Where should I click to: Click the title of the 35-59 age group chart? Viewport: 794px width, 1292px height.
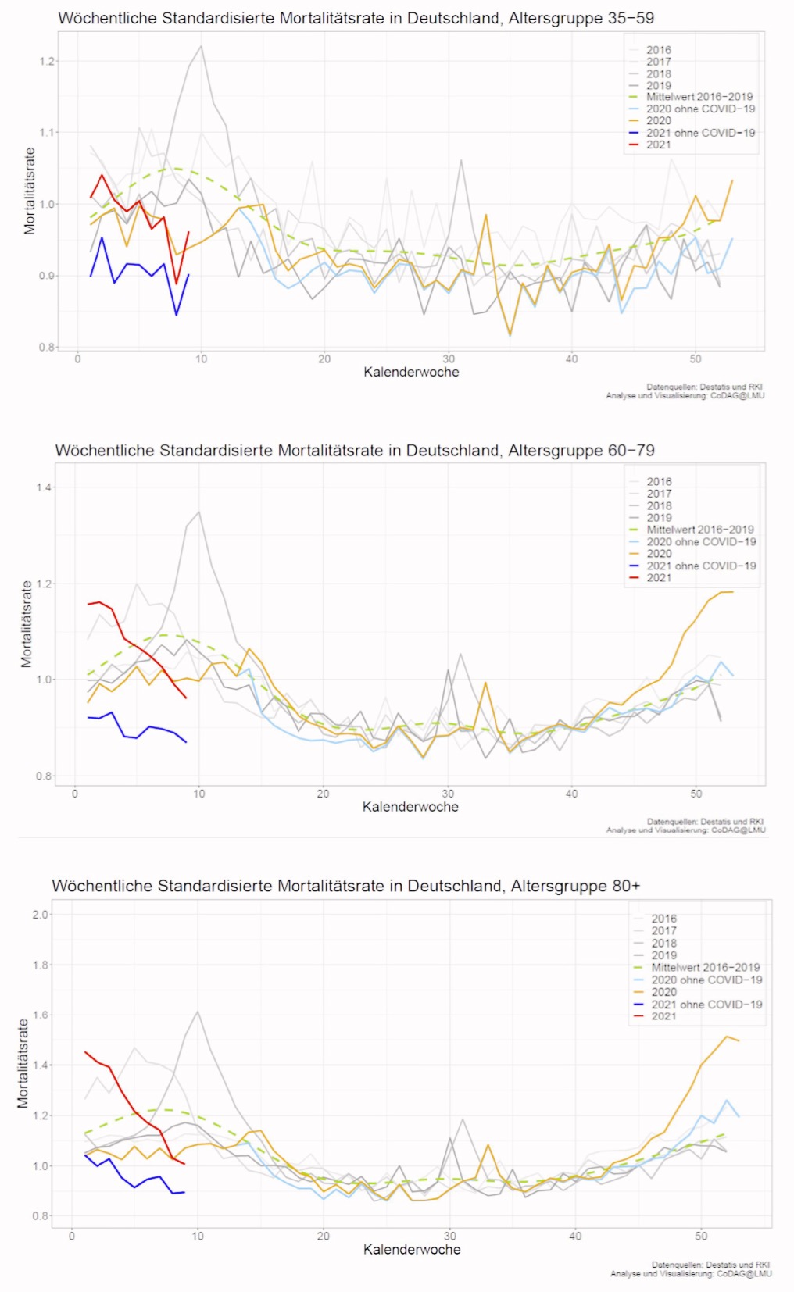(x=356, y=18)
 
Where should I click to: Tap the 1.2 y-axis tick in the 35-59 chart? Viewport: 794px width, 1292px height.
(x=47, y=61)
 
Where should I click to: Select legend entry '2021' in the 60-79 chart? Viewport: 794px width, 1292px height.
(x=659, y=578)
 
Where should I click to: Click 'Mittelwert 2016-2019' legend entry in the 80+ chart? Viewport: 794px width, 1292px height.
(x=705, y=967)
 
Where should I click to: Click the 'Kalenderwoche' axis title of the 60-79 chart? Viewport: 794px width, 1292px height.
(x=410, y=807)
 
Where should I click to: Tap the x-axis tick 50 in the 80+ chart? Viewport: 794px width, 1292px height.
(x=701, y=1236)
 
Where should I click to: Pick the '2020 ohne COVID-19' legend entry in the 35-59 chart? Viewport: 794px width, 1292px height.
(x=700, y=109)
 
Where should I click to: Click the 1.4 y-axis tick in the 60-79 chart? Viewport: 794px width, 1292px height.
(x=44, y=487)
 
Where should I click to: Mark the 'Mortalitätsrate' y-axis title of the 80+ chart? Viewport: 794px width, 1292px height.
(x=23, y=1064)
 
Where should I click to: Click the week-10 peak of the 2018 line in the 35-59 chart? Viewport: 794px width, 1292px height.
(x=202, y=46)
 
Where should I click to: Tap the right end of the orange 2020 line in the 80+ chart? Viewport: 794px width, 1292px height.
(x=739, y=1040)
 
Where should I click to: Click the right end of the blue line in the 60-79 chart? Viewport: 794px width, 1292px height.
(x=186, y=742)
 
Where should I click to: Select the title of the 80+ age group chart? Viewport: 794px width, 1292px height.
(x=346, y=886)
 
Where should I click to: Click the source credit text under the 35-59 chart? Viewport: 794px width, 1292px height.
(x=685, y=391)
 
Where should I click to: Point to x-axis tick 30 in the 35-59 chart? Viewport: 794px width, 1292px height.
(x=449, y=359)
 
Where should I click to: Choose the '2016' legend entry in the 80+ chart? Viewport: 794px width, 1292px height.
(x=663, y=919)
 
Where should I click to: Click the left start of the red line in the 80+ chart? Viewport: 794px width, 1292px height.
(x=85, y=1052)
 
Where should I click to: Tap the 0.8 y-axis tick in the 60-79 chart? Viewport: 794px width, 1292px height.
(x=44, y=776)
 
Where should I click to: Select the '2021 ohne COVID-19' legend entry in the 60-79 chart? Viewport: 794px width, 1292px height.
(x=701, y=566)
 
